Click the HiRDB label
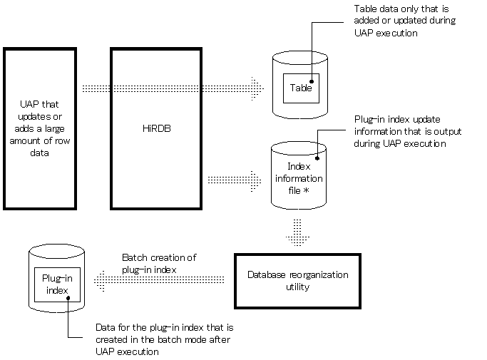click(x=157, y=128)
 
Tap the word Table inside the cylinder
click(x=301, y=88)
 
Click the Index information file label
click(x=299, y=178)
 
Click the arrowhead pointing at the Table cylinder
click(x=257, y=88)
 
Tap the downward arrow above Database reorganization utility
click(x=297, y=232)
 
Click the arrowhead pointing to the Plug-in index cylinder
click(x=99, y=281)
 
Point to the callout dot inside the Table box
click(x=312, y=81)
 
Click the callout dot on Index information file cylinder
click(x=317, y=158)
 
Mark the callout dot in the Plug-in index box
click(x=68, y=298)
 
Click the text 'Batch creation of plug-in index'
click(x=159, y=263)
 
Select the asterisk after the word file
click(x=306, y=190)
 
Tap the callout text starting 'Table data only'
click(x=405, y=21)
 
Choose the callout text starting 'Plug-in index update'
click(x=407, y=131)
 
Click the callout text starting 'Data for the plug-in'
click(x=164, y=339)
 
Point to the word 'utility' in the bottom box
click(x=297, y=287)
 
